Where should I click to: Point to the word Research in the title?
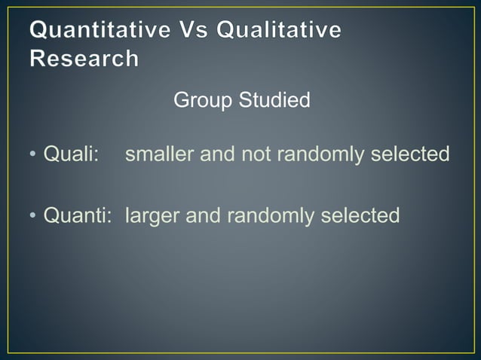click(84, 58)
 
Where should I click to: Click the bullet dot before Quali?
click(33, 155)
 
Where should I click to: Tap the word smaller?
click(160, 154)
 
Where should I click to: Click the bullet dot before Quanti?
click(33, 217)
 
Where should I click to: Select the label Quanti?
click(78, 216)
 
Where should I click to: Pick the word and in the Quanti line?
click(202, 216)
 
